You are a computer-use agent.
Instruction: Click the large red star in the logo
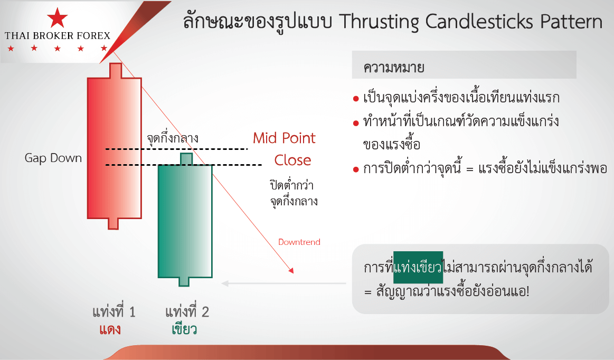click(x=57, y=17)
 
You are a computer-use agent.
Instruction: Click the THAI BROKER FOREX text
click(x=58, y=36)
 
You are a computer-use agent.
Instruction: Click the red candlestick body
click(x=115, y=148)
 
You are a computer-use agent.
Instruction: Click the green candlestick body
click(x=185, y=221)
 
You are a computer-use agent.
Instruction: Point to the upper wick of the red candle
click(x=116, y=71)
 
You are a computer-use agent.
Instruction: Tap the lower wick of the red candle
click(x=113, y=223)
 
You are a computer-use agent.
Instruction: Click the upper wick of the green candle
click(x=186, y=159)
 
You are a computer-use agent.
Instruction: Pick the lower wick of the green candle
click(x=184, y=282)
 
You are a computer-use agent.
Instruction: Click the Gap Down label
click(x=53, y=158)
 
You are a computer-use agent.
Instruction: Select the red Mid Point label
click(x=284, y=138)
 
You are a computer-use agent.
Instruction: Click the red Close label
click(x=292, y=160)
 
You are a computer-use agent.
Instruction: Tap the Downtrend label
click(x=299, y=242)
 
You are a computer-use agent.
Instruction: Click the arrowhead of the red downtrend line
click(x=291, y=270)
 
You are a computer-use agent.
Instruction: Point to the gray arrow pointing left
click(x=284, y=283)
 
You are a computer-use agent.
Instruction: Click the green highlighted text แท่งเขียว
click(x=418, y=267)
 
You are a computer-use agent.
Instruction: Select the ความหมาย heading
click(x=393, y=68)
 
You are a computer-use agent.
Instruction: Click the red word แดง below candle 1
click(x=110, y=329)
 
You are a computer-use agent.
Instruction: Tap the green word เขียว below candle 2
click(x=184, y=329)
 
